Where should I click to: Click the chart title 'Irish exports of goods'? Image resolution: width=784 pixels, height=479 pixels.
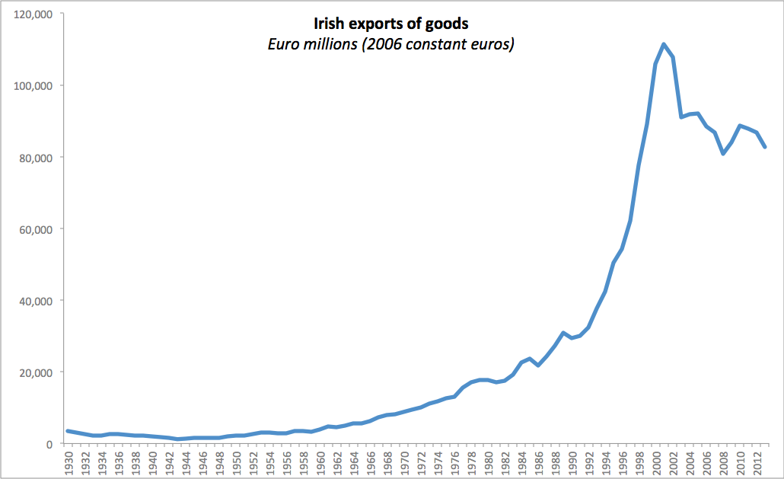(x=391, y=24)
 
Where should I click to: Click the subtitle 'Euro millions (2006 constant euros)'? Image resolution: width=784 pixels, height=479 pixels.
(x=391, y=45)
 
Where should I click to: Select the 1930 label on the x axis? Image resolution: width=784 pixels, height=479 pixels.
(x=69, y=461)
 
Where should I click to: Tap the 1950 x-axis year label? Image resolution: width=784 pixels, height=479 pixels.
(x=237, y=461)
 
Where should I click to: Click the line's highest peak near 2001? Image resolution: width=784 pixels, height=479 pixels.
(x=664, y=44)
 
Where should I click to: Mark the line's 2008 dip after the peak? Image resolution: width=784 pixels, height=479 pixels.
(x=722, y=154)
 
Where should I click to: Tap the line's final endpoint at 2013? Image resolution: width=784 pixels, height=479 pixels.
(x=765, y=147)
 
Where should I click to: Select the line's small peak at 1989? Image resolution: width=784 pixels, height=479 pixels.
(x=563, y=333)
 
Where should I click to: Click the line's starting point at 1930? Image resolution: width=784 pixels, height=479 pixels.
(x=67, y=431)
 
